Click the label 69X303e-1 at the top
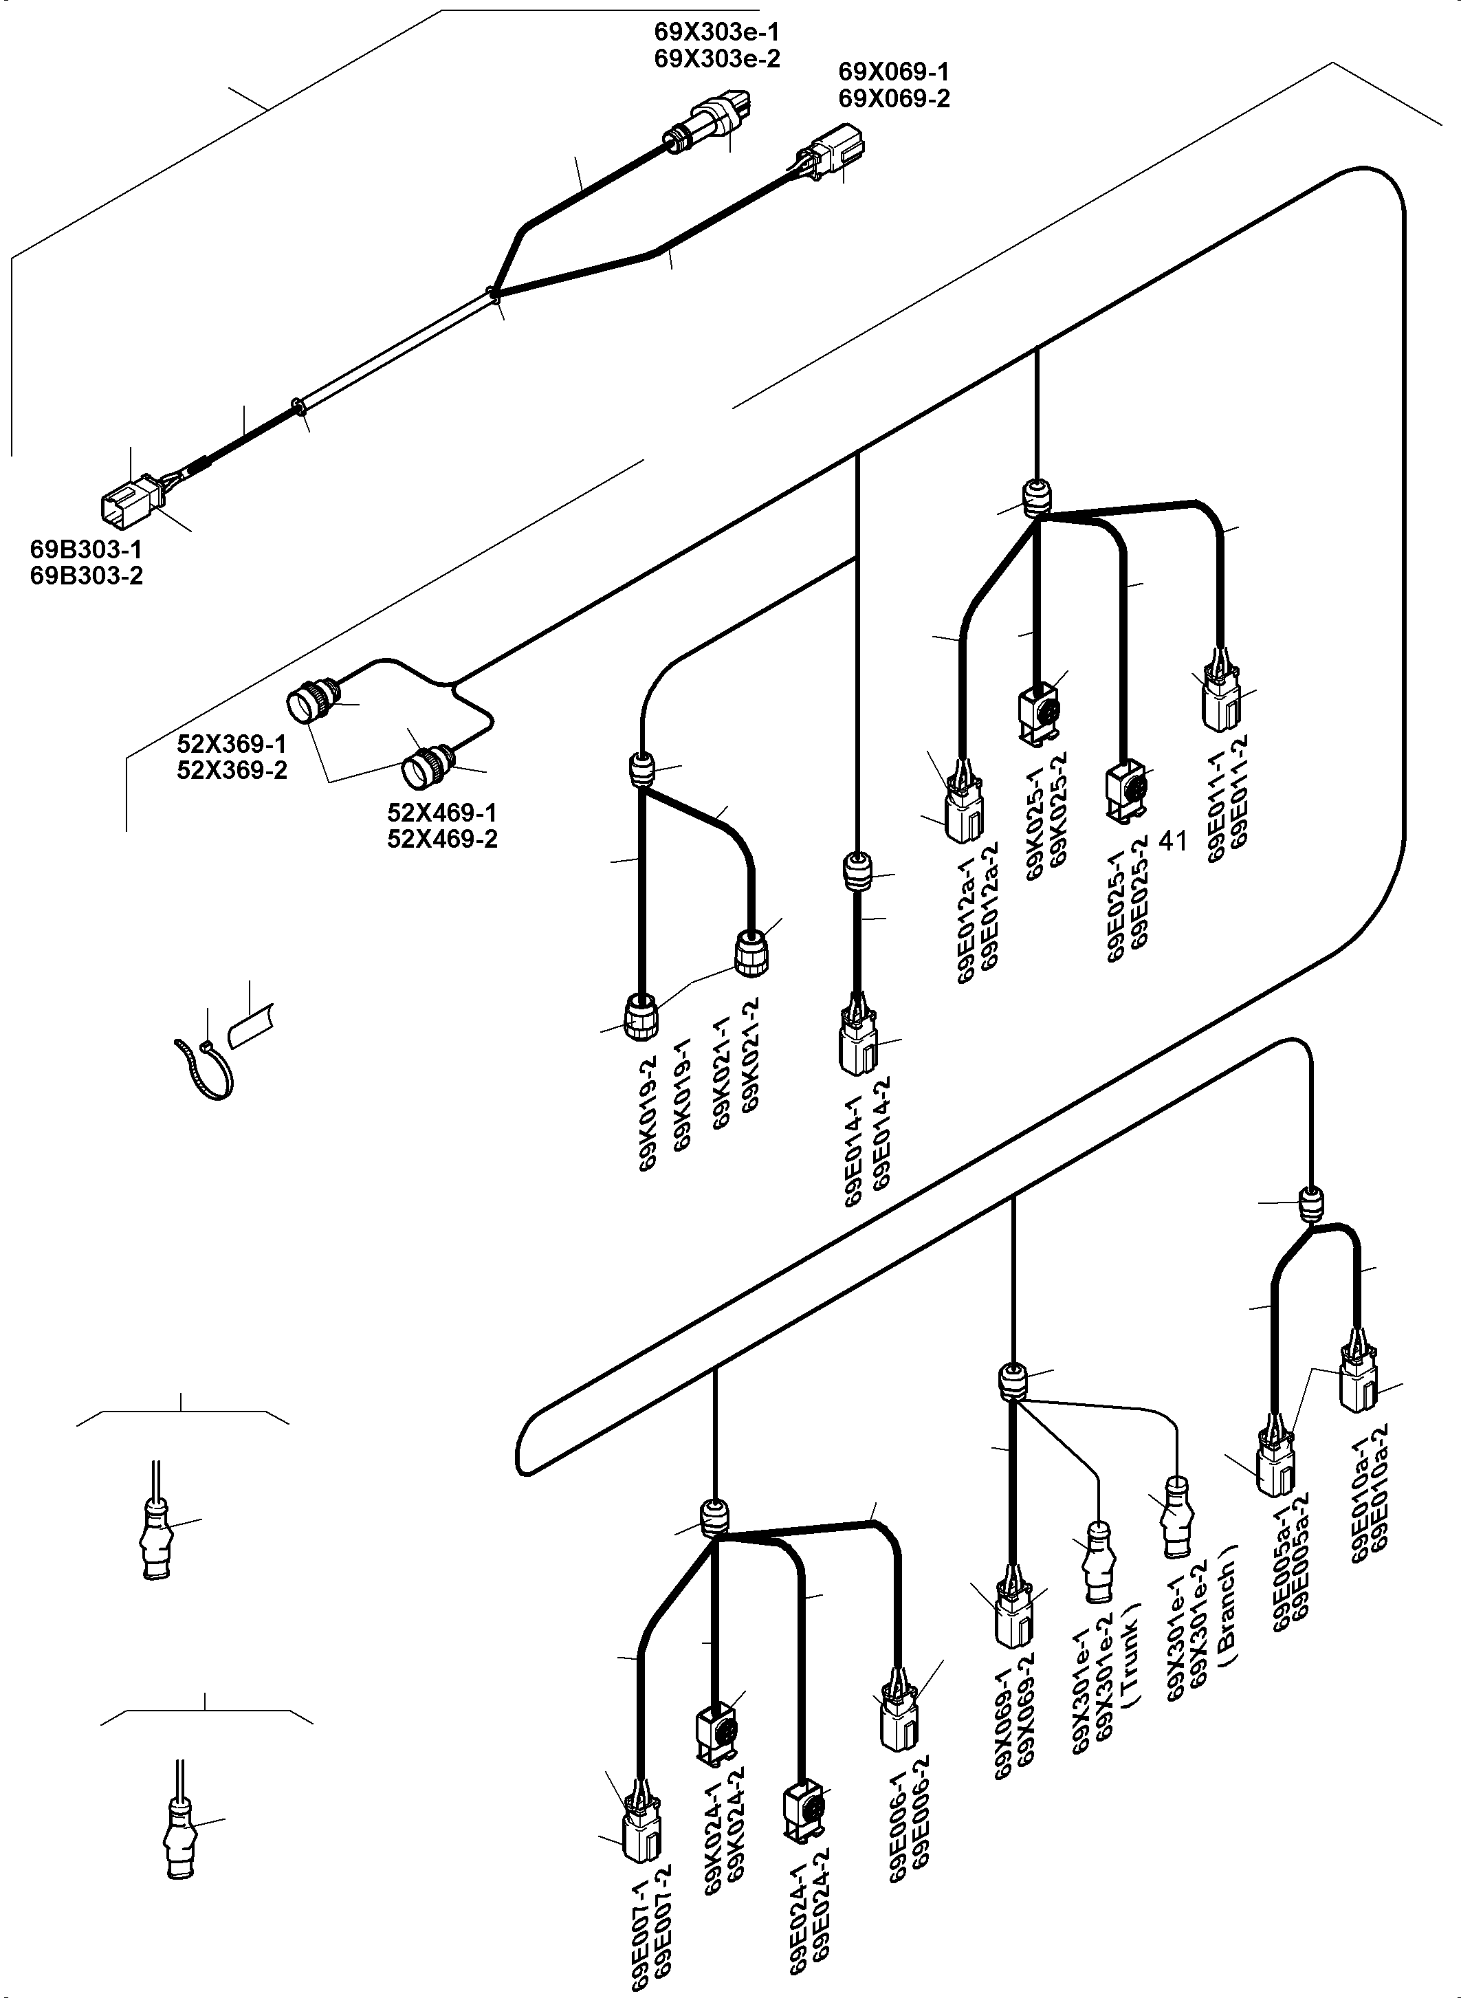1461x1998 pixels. point(716,33)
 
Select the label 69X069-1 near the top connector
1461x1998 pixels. point(893,72)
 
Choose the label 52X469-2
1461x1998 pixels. point(442,839)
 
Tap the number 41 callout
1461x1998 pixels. point(1173,841)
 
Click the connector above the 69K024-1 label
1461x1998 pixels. point(716,1729)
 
